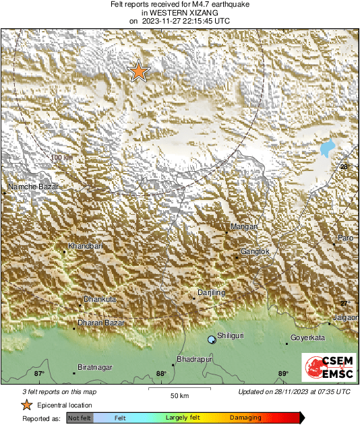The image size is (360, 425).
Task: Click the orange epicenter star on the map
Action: pos(138,71)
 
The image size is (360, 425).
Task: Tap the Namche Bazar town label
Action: pos(33,186)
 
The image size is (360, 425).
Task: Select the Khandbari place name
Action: pos(85,247)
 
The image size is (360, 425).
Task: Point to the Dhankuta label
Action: pos(100,298)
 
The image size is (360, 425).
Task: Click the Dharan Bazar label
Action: pos(102,323)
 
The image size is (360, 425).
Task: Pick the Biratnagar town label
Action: pos(95,367)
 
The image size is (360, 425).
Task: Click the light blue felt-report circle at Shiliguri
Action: pos(212,340)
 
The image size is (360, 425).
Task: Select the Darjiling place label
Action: pos(210,292)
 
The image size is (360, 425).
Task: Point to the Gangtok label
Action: pos(256,251)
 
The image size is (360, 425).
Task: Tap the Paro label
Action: pos(345,238)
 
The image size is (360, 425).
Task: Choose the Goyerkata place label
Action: pos(307,337)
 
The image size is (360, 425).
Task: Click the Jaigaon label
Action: pos(344,317)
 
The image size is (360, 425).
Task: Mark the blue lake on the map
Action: pos(328,148)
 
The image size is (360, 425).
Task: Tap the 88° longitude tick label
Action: pos(160,374)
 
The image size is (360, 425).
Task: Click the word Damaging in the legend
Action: pos(245,418)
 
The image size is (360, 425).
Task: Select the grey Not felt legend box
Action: pos(79,418)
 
